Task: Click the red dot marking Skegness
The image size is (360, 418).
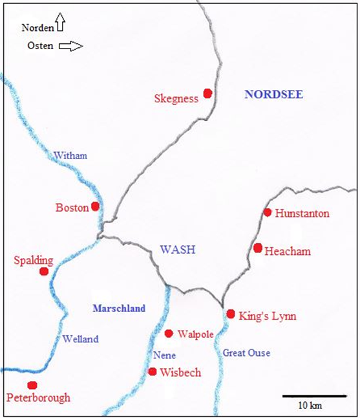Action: click(207, 93)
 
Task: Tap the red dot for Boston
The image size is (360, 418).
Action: click(95, 206)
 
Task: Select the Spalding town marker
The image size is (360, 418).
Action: click(44, 272)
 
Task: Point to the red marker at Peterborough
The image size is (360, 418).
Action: click(32, 385)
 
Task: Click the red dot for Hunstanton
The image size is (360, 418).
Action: click(267, 212)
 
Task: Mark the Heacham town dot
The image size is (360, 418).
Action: click(258, 248)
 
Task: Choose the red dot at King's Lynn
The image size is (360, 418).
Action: click(231, 314)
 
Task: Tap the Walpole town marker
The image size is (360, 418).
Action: click(169, 333)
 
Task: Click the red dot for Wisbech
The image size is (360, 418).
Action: click(153, 371)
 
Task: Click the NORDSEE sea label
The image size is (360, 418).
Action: click(273, 94)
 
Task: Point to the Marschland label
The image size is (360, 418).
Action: click(119, 307)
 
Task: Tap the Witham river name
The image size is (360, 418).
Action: click(70, 155)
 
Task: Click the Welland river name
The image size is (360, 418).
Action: click(80, 338)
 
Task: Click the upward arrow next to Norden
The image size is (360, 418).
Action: click(60, 23)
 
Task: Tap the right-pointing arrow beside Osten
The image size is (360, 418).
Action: click(71, 46)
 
